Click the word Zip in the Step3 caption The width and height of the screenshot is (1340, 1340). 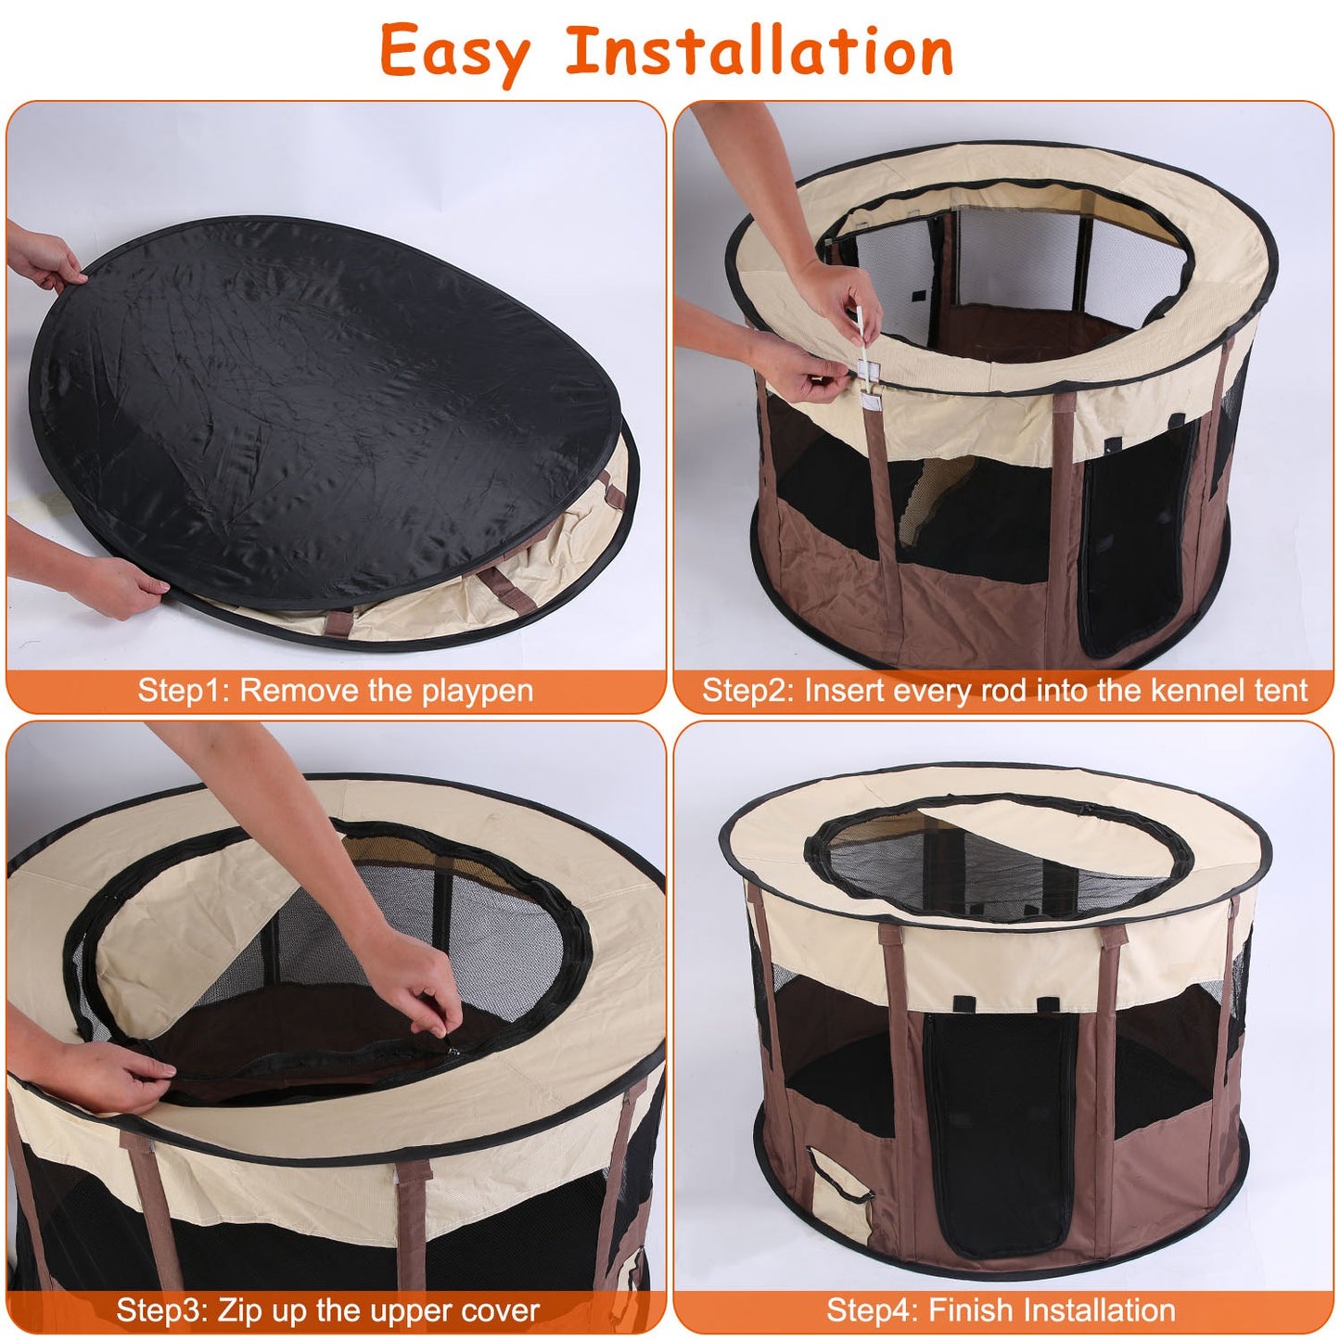click(237, 1310)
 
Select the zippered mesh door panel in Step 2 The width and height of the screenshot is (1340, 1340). click(1131, 538)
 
